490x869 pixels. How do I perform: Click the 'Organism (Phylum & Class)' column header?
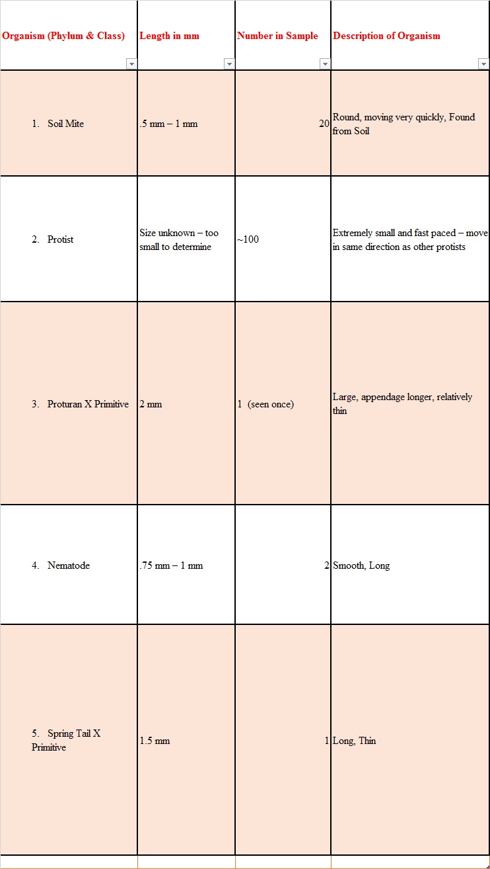63,36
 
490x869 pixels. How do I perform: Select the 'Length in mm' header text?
169,36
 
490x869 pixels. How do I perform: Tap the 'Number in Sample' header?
277,36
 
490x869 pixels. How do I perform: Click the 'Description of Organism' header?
386,36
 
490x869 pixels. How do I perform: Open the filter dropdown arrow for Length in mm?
229,64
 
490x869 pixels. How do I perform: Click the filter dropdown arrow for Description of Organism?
483,64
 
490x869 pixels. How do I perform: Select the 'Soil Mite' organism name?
65,124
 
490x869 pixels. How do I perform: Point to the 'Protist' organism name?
60,239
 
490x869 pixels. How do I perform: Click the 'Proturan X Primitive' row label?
88,404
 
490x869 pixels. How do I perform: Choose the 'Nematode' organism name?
68,565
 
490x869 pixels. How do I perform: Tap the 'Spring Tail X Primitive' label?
66,740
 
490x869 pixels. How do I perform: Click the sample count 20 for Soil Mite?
324,124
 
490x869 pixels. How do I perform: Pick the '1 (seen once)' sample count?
265,404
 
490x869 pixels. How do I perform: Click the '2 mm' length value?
151,404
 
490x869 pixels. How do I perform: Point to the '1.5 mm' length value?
155,741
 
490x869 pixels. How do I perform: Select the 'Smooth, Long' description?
361,565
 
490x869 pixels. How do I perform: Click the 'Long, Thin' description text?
355,741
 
